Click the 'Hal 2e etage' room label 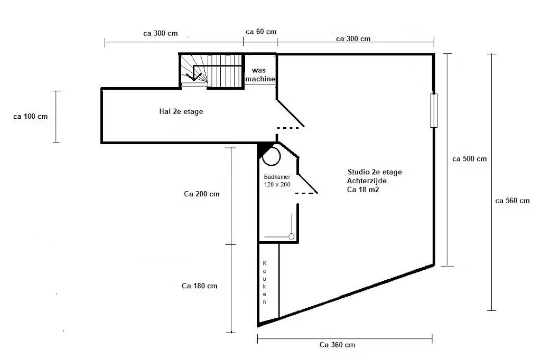181,111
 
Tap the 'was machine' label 260,74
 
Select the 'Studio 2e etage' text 375,172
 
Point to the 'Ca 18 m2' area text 363,190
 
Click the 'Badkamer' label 277,177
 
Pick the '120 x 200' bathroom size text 277,184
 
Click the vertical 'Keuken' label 265,282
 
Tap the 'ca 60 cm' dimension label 261,32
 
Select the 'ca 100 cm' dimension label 30,117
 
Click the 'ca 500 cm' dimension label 469,159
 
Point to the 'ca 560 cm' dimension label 512,201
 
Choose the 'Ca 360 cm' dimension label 337,345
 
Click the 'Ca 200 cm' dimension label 201,194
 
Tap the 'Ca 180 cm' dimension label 199,286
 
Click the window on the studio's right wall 434,110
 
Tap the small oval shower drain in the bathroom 291,237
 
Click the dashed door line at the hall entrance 288,128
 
